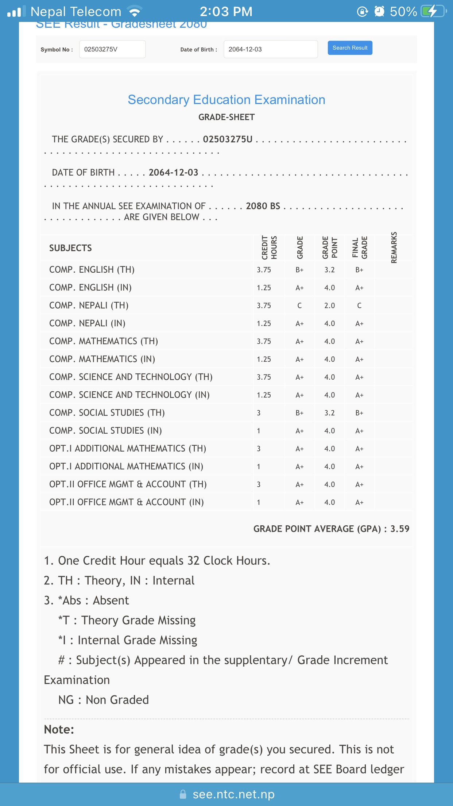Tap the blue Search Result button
click(350, 48)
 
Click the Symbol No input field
click(112, 49)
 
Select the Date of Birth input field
click(270, 49)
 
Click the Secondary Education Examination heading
click(226, 100)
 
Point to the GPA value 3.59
click(400, 529)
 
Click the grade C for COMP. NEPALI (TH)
click(299, 306)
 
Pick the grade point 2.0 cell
click(329, 306)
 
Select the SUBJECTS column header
click(70, 248)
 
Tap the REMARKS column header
click(394, 247)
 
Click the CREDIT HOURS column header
click(269, 247)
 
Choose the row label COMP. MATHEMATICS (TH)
click(104, 341)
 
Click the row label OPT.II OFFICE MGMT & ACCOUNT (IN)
click(126, 502)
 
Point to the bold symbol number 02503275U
click(228, 139)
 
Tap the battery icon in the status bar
click(433, 11)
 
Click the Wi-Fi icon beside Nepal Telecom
click(135, 12)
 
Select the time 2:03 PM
click(226, 12)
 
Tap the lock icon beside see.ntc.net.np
click(183, 794)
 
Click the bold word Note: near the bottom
click(59, 729)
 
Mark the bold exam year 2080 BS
click(263, 206)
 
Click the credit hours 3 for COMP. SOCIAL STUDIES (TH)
click(259, 413)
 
